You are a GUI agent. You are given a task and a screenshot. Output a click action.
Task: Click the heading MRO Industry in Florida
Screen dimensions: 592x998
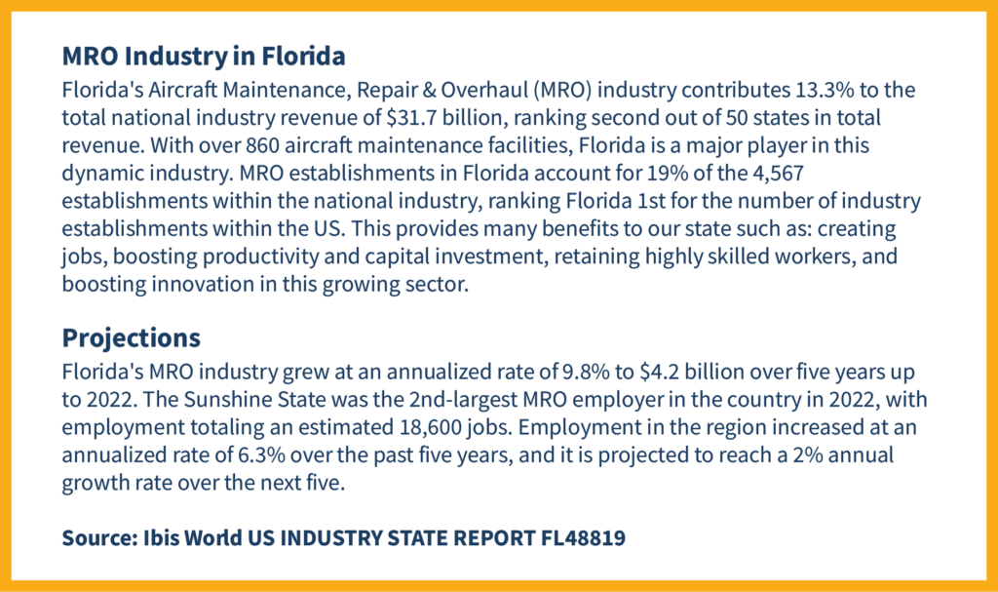(204, 57)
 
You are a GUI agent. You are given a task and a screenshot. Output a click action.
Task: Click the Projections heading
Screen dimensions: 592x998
(132, 337)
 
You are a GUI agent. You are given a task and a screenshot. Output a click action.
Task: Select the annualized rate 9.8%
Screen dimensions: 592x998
(521, 373)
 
